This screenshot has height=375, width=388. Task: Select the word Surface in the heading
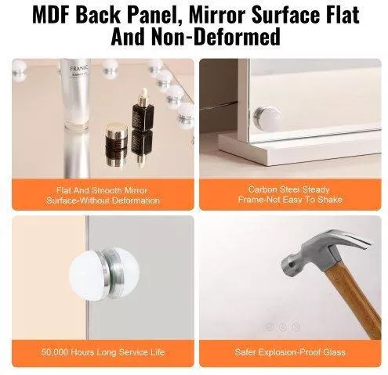pos(285,15)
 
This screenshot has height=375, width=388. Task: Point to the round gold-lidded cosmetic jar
pos(117,135)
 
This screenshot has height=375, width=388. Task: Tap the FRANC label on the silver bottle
pos(78,69)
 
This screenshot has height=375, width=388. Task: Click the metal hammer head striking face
pos(288,265)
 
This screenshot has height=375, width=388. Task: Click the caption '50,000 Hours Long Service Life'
pos(103,352)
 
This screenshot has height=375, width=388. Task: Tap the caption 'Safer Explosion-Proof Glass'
pos(290,352)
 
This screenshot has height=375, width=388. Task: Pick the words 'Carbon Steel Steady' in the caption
pos(289,189)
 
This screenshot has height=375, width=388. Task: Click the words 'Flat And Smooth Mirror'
pos(102,190)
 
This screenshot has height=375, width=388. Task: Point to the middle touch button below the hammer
pos(283,327)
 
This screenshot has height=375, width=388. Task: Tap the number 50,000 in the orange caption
pos(55,352)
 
